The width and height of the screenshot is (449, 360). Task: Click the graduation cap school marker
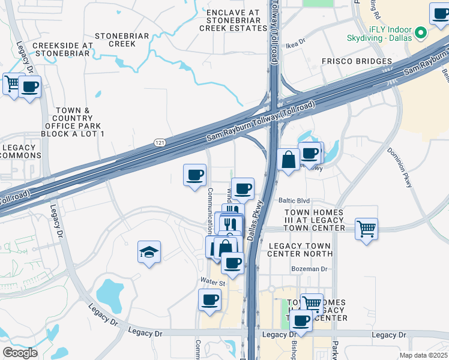click(149, 251)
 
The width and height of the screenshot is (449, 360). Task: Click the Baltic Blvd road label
click(294, 201)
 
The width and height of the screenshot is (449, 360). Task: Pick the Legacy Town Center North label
click(300, 251)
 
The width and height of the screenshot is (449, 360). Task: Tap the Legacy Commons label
click(19, 151)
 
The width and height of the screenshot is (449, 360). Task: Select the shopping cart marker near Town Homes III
click(366, 228)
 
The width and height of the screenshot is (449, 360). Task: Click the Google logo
click(20, 352)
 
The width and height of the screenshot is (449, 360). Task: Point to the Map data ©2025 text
click(424, 355)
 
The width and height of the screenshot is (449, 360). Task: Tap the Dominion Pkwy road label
click(399, 167)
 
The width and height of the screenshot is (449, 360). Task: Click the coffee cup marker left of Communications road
click(194, 175)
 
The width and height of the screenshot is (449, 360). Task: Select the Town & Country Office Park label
click(73, 122)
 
